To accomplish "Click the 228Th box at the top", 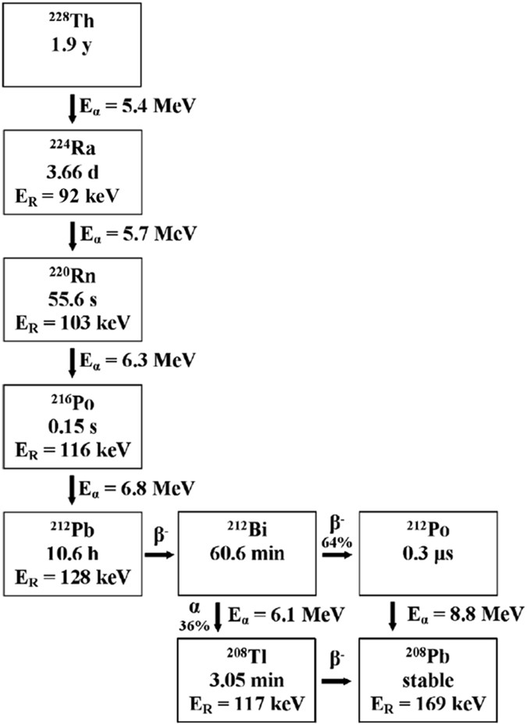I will (x=73, y=44).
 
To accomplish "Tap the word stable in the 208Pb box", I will (x=427, y=680).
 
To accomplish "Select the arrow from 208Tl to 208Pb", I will (x=336, y=681).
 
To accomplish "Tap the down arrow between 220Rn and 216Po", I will (x=73, y=361).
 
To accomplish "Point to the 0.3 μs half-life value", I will (x=427, y=555).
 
